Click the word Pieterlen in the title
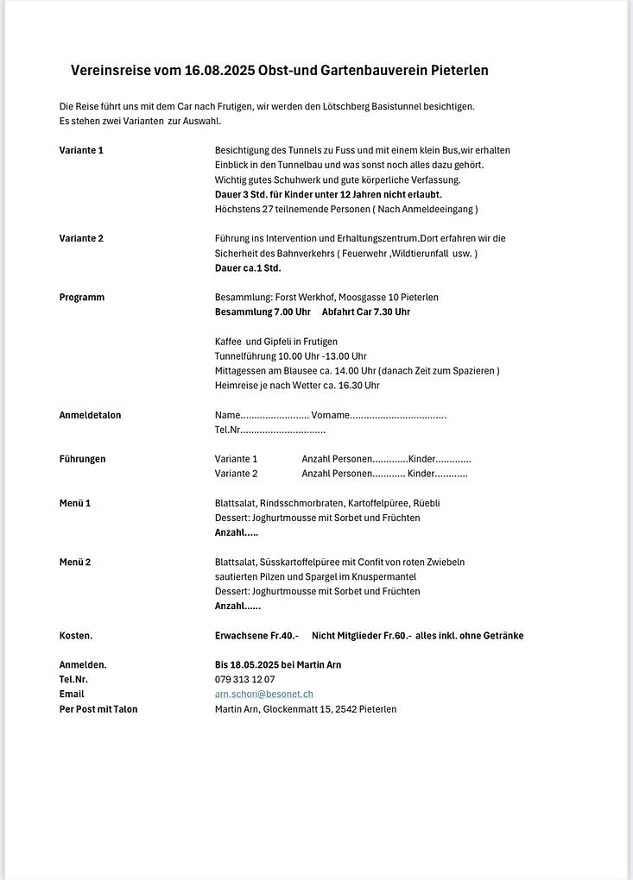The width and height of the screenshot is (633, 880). [457, 71]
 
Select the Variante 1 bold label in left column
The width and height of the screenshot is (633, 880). [81, 150]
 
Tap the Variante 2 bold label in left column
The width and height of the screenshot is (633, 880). [81, 238]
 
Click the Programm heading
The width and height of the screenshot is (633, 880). [82, 297]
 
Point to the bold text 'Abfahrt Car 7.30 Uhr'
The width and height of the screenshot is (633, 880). [366, 311]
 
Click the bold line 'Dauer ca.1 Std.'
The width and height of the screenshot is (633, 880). [248, 267]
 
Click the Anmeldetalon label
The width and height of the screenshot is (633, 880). [90, 415]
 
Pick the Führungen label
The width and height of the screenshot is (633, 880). [82, 459]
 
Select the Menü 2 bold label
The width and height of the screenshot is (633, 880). [75, 562]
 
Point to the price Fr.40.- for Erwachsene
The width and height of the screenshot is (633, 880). [285, 636]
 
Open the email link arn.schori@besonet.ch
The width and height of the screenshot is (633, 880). [264, 695]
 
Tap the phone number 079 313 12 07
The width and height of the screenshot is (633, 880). [245, 680]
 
